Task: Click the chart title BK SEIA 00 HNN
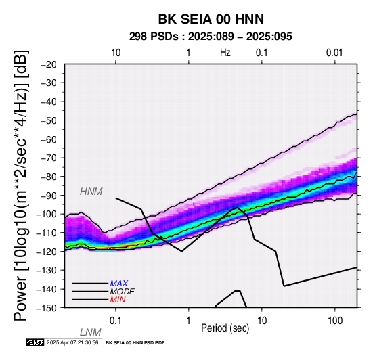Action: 211,19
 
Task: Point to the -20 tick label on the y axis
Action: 49,64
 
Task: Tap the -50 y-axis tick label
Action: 49,120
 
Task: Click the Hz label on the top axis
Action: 225,52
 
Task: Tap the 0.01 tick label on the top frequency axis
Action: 334,53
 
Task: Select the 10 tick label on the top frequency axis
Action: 116,53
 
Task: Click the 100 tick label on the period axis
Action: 335,321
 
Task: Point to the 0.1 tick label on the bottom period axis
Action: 116,321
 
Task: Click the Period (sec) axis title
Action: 225,328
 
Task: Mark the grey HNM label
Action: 91,192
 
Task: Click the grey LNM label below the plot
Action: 91,332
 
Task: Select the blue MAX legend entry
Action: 118,284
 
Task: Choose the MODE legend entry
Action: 122,292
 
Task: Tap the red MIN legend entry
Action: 118,300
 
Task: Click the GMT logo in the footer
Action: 35,342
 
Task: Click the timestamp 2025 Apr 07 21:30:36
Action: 72,342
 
